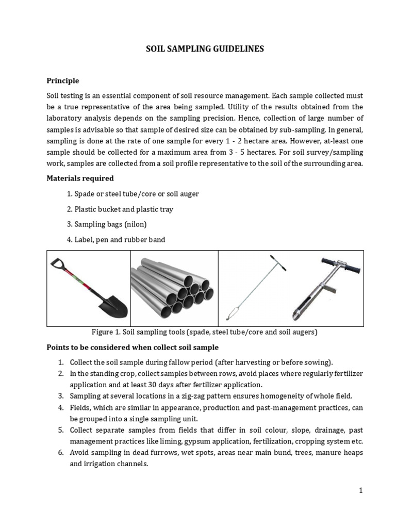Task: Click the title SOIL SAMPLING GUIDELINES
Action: (x=205, y=49)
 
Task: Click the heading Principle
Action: (x=63, y=80)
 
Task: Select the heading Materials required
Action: (x=80, y=178)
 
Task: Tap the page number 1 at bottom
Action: (x=361, y=490)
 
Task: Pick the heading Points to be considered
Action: (x=133, y=348)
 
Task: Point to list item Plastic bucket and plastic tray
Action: (x=123, y=209)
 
